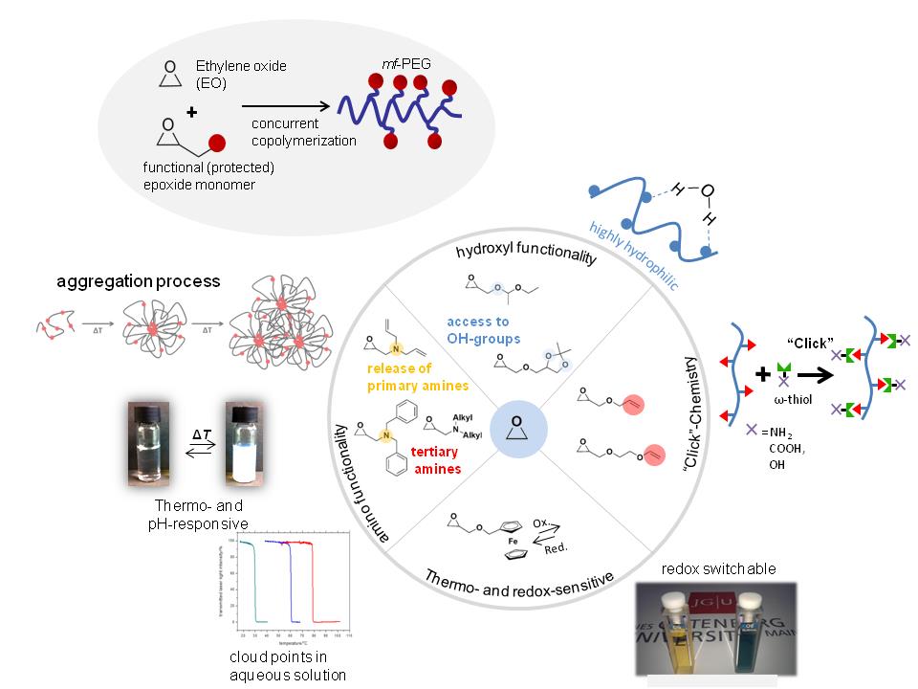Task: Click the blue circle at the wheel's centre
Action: click(x=516, y=423)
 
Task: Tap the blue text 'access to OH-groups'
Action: click(x=478, y=328)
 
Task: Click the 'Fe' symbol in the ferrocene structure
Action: click(x=498, y=537)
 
